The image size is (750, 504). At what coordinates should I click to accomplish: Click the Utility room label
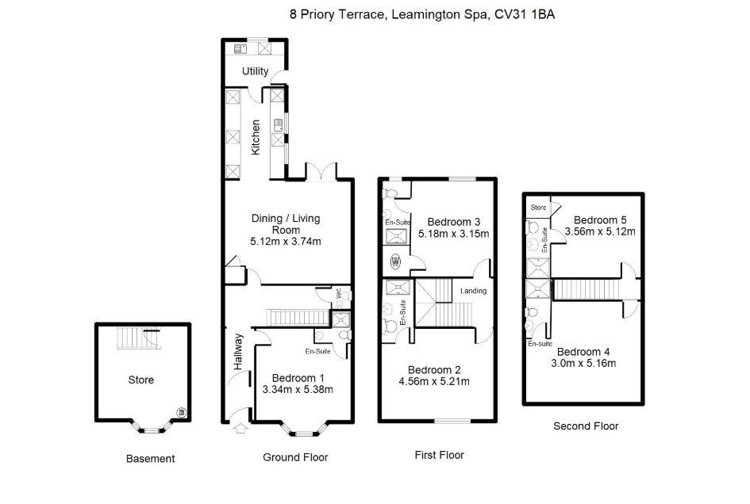(x=255, y=71)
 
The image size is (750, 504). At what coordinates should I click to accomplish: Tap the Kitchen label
(x=256, y=137)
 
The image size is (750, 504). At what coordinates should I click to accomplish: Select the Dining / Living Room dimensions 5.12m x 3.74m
(x=286, y=241)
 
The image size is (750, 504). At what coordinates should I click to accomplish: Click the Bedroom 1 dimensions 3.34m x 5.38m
(x=298, y=389)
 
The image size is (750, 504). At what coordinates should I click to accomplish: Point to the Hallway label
(x=238, y=352)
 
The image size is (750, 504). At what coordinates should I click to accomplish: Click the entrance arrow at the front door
(x=240, y=428)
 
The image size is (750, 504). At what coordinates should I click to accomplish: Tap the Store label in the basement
(x=141, y=380)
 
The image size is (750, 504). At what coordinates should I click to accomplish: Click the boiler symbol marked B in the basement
(x=181, y=412)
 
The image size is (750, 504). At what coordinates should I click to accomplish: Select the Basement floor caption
(x=150, y=459)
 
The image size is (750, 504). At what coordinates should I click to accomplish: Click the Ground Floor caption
(x=295, y=457)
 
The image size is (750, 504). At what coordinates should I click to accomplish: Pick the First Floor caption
(x=439, y=455)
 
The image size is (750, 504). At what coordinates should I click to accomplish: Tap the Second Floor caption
(x=586, y=426)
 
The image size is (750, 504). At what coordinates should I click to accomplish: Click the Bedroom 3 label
(x=453, y=222)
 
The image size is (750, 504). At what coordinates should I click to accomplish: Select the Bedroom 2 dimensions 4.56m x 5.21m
(x=434, y=381)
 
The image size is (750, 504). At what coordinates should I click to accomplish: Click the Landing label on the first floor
(x=474, y=291)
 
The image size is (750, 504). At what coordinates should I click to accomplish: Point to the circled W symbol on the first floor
(x=395, y=262)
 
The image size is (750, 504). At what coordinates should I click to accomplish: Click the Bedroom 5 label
(x=600, y=220)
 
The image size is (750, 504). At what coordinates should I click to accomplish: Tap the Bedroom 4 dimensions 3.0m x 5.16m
(x=583, y=363)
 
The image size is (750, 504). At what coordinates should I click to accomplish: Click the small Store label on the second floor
(x=538, y=208)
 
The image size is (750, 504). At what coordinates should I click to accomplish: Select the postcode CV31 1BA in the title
(x=525, y=14)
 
